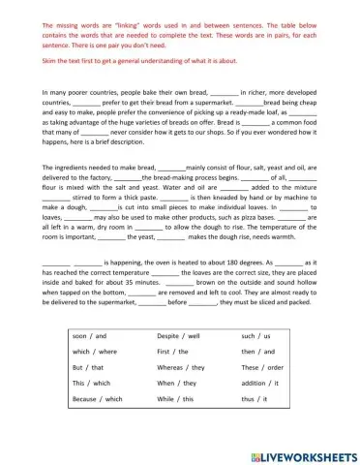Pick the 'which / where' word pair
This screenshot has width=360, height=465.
coord(94,351)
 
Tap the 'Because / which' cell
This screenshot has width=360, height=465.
coord(97,398)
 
